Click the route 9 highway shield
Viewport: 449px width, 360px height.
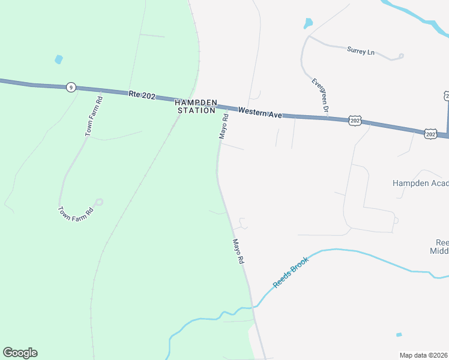click(71, 88)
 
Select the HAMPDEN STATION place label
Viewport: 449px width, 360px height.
click(196, 106)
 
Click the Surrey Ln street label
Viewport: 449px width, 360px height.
click(360, 51)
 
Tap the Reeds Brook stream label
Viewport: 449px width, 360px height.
click(291, 272)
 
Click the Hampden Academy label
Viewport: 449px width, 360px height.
click(420, 183)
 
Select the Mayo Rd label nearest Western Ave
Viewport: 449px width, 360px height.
click(224, 127)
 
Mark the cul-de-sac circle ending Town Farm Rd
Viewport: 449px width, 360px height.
click(99, 202)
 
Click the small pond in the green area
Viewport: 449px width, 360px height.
click(58, 59)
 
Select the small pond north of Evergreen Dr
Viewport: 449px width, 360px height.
click(308, 23)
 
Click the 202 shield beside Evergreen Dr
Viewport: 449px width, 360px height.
click(355, 121)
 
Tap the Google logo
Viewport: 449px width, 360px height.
click(20, 353)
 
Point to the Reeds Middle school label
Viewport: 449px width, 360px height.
click(441, 248)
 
